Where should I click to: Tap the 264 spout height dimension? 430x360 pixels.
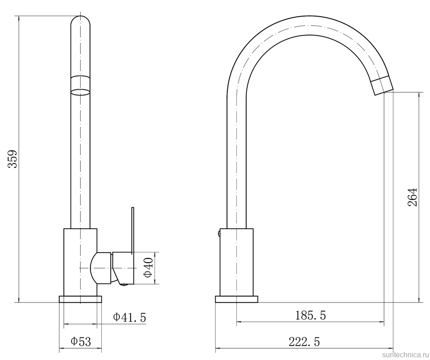(412, 197)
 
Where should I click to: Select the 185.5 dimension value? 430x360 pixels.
(310, 315)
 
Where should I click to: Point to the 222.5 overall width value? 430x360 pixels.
(304, 342)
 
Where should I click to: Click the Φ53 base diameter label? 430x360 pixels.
(81, 342)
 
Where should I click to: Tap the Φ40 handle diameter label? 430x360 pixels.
(148, 267)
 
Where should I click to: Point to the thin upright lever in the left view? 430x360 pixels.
(133, 229)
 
